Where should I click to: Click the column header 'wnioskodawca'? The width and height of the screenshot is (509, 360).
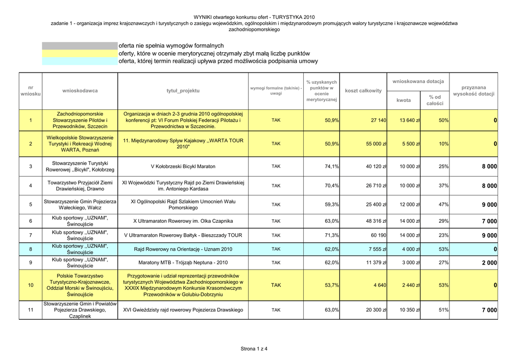[x=80, y=90]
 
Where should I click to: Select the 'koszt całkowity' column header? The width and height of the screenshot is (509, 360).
[x=363, y=90]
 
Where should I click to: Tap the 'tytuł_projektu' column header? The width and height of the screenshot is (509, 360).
[x=183, y=90]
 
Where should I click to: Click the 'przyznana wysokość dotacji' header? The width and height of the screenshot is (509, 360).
[x=474, y=90]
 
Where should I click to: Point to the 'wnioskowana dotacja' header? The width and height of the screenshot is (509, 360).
[x=418, y=81]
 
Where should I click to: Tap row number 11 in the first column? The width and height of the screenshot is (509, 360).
[x=31, y=310]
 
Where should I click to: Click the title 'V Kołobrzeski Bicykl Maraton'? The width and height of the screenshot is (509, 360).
[x=183, y=167]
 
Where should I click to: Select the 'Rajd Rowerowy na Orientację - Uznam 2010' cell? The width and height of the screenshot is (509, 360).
[x=183, y=249]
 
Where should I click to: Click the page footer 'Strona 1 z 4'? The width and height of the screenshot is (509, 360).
[x=254, y=349]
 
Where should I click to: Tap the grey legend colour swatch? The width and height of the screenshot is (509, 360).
[x=80, y=46]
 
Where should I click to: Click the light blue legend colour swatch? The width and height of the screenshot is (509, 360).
[x=80, y=61]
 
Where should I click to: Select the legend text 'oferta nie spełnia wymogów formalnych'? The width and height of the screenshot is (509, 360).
[x=171, y=46]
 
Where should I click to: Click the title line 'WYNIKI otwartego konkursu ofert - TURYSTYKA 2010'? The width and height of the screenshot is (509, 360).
[x=254, y=17]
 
